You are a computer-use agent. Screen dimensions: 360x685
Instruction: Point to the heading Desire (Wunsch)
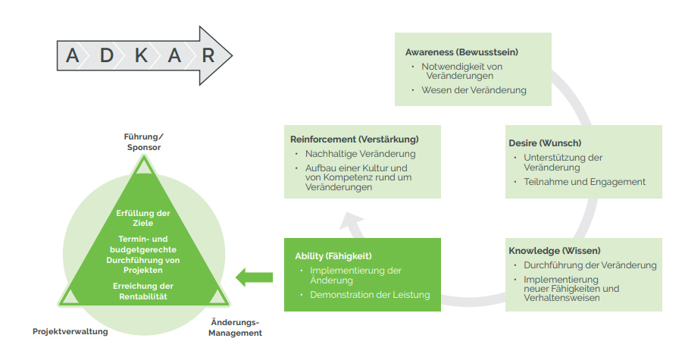pyautogui.click(x=545, y=143)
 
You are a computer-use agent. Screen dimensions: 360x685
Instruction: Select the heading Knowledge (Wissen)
pyautogui.click(x=555, y=251)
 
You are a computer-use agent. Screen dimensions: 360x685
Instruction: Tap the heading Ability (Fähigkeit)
pyautogui.click(x=333, y=256)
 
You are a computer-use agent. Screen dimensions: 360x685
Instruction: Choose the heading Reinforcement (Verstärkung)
pyautogui.click(x=355, y=139)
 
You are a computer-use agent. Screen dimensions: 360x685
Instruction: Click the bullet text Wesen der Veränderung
pyautogui.click(x=474, y=90)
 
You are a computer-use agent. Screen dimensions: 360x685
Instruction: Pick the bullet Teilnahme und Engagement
pyautogui.click(x=584, y=182)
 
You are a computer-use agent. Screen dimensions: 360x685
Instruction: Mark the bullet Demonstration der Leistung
pyautogui.click(x=370, y=295)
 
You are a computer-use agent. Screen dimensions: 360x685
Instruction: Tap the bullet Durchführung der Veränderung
pyautogui.click(x=590, y=265)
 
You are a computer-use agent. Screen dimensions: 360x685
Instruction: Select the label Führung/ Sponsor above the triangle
pyautogui.click(x=143, y=142)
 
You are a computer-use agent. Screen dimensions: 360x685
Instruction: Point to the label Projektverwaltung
pyautogui.click(x=70, y=331)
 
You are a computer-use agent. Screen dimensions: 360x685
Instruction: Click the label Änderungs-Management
pyautogui.click(x=235, y=327)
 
